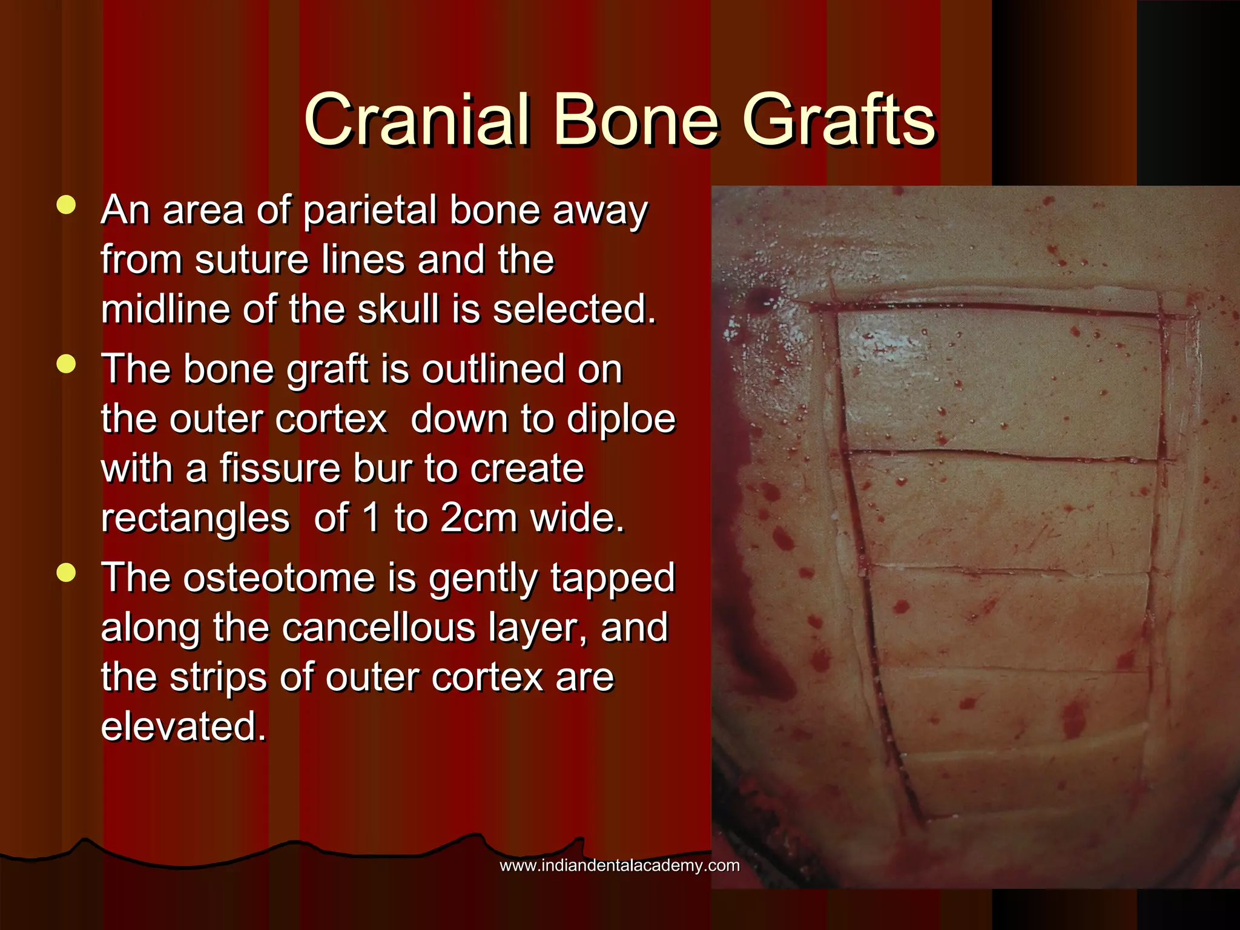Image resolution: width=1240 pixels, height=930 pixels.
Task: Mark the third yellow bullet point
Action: (x=66, y=572)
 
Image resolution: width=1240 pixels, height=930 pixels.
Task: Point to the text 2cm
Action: (x=479, y=518)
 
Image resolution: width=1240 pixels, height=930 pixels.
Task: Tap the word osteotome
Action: (x=280, y=578)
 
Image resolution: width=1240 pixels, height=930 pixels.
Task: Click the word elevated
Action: (x=183, y=727)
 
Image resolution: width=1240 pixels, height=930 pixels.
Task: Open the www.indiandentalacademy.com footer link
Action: (x=619, y=866)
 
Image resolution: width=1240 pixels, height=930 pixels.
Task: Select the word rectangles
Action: (x=195, y=519)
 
